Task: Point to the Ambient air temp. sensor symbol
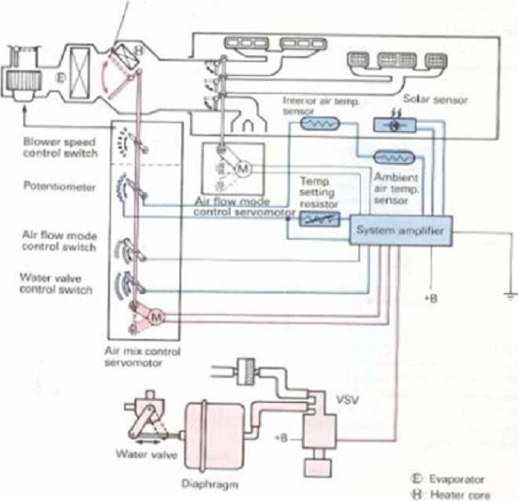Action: [390, 160]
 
